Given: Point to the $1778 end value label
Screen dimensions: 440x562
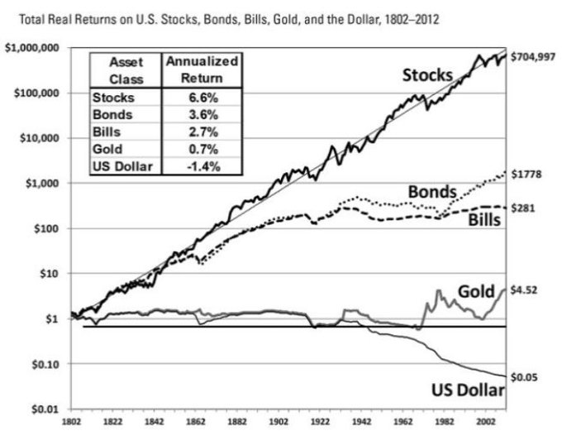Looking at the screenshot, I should pyautogui.click(x=526, y=175).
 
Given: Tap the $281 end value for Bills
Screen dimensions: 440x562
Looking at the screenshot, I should pyautogui.click(x=523, y=208).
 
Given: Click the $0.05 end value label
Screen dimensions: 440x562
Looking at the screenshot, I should pyautogui.click(x=525, y=378).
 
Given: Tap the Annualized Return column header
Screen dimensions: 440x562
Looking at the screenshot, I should pyautogui.click(x=202, y=69).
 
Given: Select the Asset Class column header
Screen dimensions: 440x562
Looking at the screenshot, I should pyautogui.click(x=124, y=69).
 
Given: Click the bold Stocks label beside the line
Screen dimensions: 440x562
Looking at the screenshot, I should pyautogui.click(x=427, y=75).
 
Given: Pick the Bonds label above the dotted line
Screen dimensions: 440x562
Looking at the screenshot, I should pyautogui.click(x=431, y=193).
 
